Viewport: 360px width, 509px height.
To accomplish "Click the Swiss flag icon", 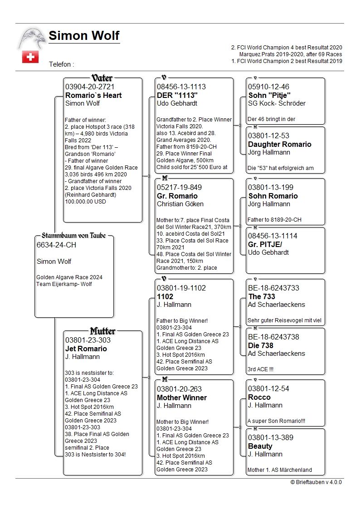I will [x=30, y=57].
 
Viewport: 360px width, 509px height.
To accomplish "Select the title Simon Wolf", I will [x=84, y=35].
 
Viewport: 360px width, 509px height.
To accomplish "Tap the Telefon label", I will [x=61, y=65].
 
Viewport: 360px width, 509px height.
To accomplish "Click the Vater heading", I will [x=102, y=78].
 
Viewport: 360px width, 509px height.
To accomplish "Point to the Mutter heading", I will [x=102, y=331].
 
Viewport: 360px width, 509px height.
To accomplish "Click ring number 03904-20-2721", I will [x=90, y=87].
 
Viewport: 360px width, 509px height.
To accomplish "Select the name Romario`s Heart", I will [x=93, y=95].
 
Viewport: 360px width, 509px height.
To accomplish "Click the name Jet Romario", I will [x=86, y=349].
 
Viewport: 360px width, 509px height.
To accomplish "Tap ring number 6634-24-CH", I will [x=56, y=245].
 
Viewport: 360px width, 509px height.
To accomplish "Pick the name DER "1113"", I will [x=178, y=95].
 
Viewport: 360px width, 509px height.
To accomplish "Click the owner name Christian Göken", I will [x=180, y=204].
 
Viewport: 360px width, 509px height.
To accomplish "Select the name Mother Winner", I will [x=182, y=398].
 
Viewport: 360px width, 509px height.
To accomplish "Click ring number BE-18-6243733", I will [x=273, y=288].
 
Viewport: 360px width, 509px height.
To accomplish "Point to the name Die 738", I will [x=261, y=345].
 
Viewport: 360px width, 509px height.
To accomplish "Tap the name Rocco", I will [x=259, y=397].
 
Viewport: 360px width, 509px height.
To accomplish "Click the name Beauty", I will [x=260, y=446].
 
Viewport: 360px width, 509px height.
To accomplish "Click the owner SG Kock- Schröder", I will [x=277, y=103].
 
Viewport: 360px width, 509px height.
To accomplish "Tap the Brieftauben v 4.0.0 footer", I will [x=316, y=482].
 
